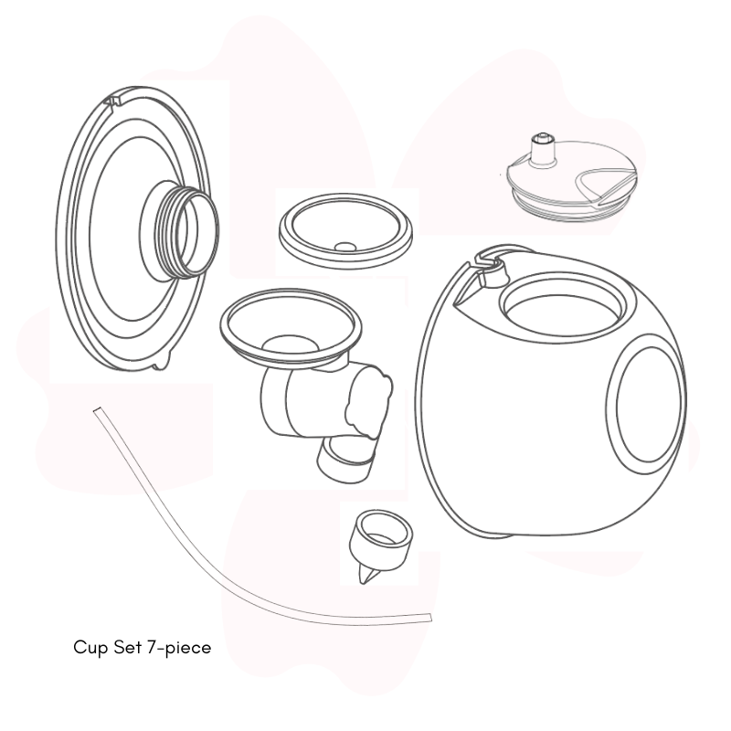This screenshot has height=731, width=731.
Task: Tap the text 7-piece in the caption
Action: (179, 648)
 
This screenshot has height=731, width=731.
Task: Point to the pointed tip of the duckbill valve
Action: (363, 581)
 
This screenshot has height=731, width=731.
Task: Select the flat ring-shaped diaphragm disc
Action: (345, 231)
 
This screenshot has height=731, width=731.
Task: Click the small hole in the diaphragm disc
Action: (345, 247)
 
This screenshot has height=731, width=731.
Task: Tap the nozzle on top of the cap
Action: (543, 150)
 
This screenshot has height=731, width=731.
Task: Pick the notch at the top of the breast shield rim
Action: (112, 100)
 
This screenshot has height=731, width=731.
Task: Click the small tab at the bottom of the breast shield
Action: (160, 364)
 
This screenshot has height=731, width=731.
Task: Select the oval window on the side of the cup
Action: (646, 404)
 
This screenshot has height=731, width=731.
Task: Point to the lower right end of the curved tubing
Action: (429, 619)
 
